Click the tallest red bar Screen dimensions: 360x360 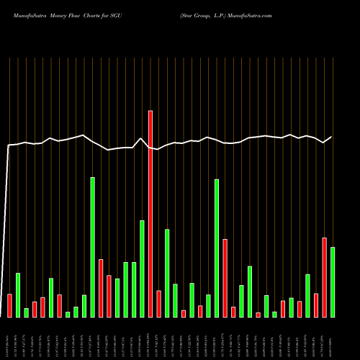(x=150, y=213)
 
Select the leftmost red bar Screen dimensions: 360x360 (x=9, y=305)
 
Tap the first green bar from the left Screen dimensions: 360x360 (x=18, y=294)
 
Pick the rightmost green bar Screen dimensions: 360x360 (x=333, y=282)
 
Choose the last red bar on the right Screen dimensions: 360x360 (x=324, y=277)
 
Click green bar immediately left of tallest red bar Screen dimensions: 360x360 (x=142, y=268)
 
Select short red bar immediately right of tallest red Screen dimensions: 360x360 (x=158, y=303)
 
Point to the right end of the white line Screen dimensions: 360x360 (x=332, y=137)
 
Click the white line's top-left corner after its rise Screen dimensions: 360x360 (x=9, y=145)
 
